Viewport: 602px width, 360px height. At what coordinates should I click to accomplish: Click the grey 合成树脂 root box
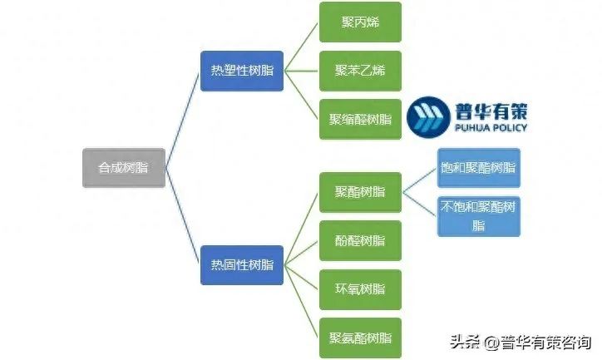coord(123,168)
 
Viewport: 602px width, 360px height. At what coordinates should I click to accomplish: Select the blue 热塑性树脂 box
coord(241,71)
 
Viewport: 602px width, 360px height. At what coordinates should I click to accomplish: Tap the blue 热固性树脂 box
coord(241,265)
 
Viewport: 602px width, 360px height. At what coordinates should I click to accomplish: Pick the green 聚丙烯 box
coord(360,22)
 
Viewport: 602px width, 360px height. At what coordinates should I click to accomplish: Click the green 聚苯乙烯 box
coord(360,71)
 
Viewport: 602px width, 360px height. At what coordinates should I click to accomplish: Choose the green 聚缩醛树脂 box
coord(360,119)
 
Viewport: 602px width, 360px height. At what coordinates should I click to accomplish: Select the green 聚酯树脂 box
coord(360,192)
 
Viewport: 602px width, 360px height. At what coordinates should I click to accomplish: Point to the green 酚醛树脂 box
coord(360,241)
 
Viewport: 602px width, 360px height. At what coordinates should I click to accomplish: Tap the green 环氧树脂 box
coord(360,289)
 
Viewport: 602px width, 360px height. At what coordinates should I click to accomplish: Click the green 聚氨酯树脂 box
coord(360,338)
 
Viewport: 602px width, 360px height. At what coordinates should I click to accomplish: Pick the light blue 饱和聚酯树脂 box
coord(479,168)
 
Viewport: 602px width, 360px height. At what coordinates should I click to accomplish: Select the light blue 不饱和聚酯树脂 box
coord(479,216)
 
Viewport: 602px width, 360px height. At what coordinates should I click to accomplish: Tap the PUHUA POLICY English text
coord(491,129)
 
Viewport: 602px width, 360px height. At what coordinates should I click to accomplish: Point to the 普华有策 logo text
coord(491,111)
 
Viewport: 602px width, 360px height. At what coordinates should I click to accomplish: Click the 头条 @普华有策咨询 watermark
coord(521,342)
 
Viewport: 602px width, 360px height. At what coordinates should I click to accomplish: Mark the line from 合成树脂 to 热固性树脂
coord(182,216)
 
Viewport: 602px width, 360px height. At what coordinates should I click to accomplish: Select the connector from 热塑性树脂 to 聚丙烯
coord(301,47)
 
